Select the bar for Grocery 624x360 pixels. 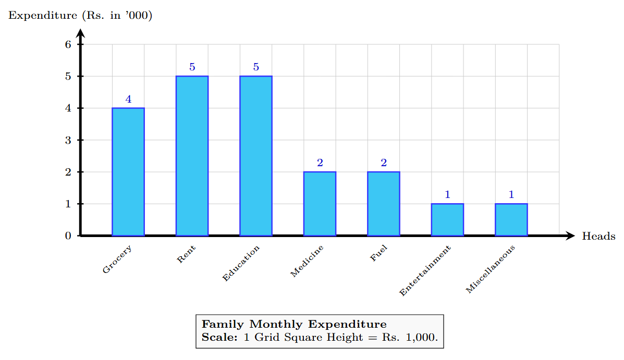tap(128, 172)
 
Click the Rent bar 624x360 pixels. tap(192, 156)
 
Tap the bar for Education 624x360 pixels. tap(255, 156)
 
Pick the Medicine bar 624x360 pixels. tap(320, 204)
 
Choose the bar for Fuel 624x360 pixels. tap(383, 204)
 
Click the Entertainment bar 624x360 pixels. tap(447, 220)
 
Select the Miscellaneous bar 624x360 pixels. tap(511, 220)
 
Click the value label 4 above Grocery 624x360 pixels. tap(128, 99)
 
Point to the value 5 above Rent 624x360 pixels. tap(192, 67)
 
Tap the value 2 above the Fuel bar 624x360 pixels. tap(383, 163)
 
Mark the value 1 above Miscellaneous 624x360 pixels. tap(511, 195)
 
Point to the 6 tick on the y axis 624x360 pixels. tap(68, 45)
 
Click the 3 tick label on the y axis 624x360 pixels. tap(68, 140)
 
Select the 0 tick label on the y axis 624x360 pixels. tap(68, 236)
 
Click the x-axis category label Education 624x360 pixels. tap(241, 264)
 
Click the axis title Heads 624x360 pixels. tap(598, 237)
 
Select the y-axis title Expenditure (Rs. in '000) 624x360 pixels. tap(80, 16)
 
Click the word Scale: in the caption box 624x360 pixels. tap(219, 337)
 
